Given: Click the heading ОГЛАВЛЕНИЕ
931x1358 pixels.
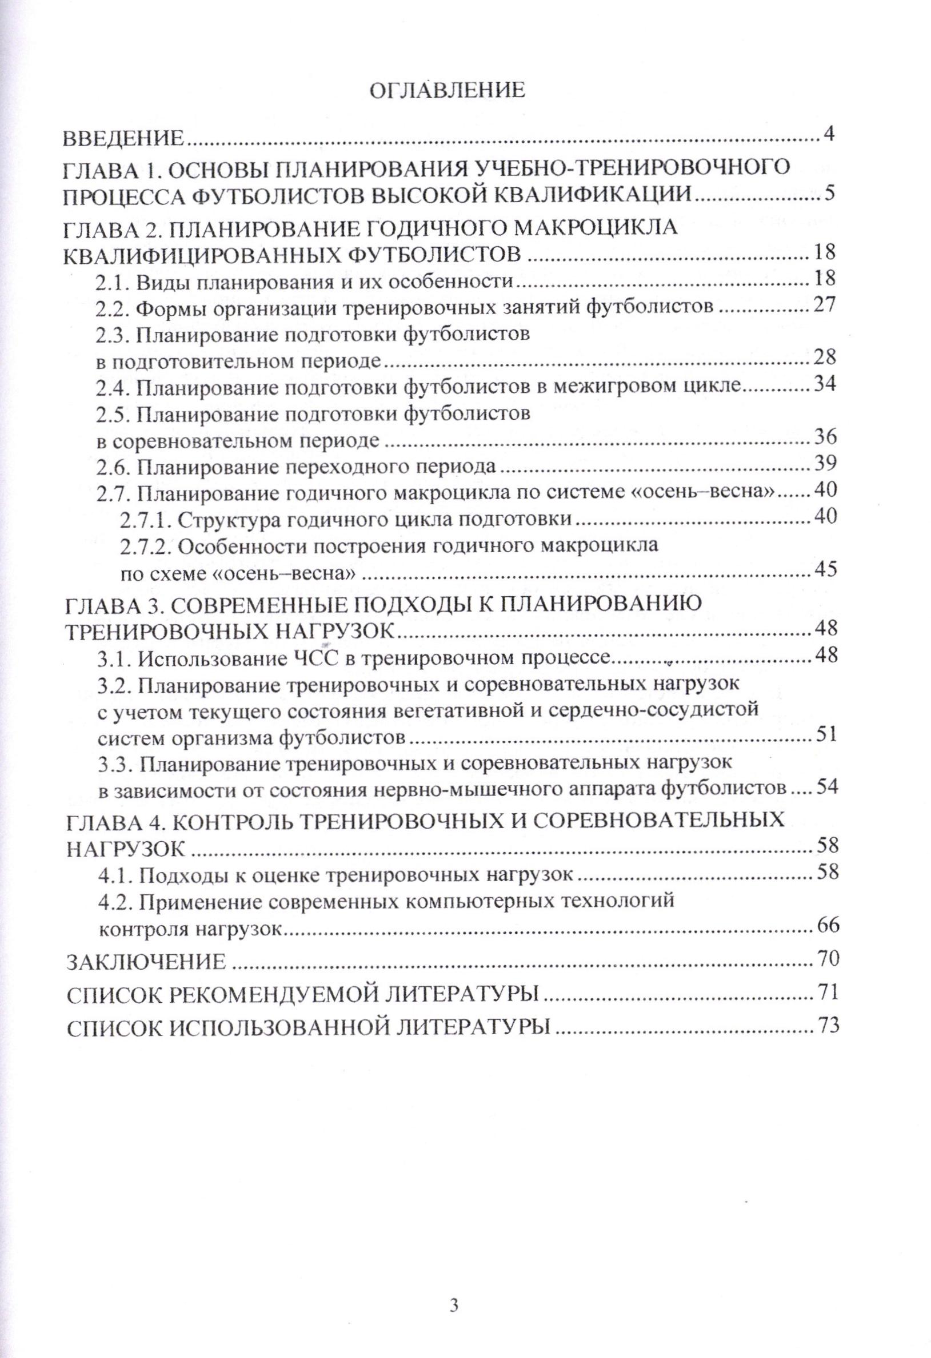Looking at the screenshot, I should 449,90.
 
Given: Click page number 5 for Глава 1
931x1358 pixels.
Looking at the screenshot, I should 829,192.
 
